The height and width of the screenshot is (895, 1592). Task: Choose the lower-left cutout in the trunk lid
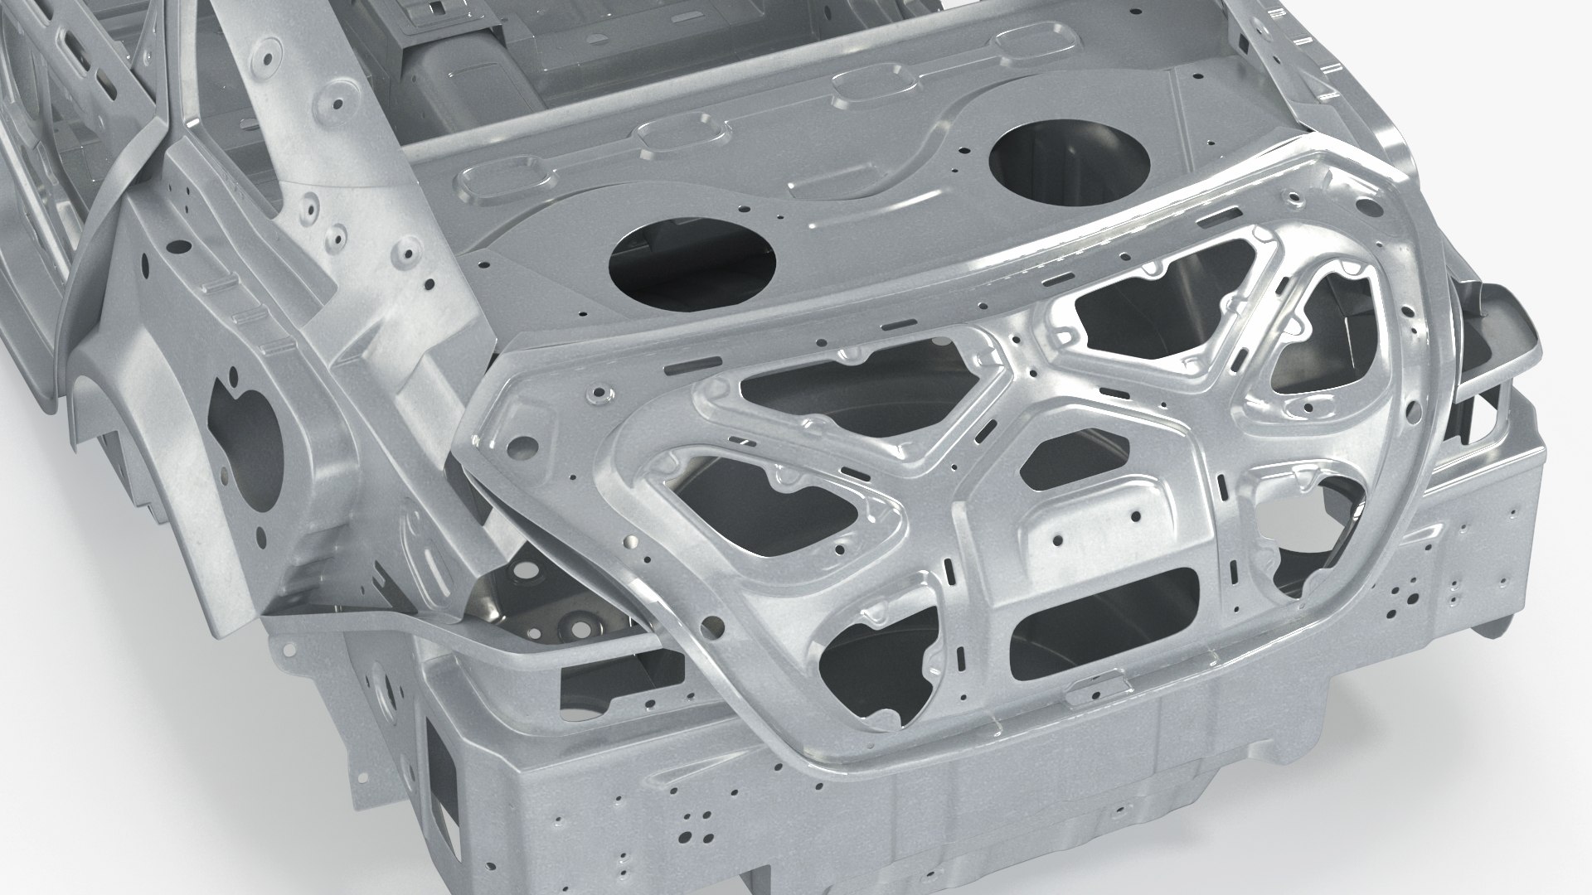click(x=879, y=655)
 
